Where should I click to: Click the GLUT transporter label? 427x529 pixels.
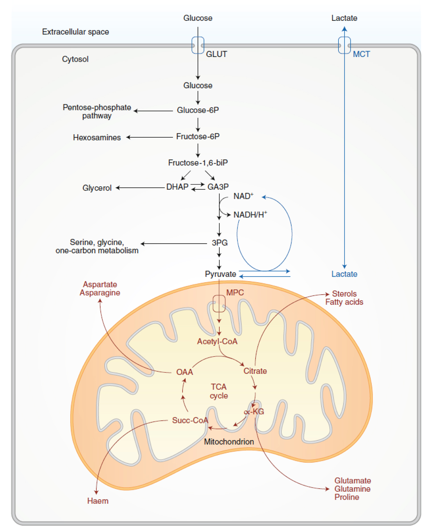(x=216, y=54)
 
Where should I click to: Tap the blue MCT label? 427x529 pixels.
(x=361, y=54)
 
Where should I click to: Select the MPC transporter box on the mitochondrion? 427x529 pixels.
(x=219, y=303)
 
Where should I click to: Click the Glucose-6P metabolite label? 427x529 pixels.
(x=198, y=110)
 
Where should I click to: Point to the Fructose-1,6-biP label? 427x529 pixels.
(x=198, y=163)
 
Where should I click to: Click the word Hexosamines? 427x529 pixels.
(x=97, y=138)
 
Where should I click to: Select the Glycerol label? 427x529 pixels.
(x=97, y=188)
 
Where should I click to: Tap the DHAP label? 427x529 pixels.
(x=177, y=187)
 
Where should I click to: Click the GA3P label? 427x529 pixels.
(x=218, y=187)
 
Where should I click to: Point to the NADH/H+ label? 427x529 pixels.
(x=250, y=215)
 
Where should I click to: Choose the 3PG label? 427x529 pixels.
(x=219, y=243)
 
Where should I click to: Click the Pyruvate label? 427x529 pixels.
(x=220, y=274)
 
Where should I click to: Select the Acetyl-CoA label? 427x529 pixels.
(x=217, y=341)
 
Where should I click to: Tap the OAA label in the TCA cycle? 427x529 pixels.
(x=184, y=372)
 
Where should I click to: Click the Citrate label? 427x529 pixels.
(x=255, y=371)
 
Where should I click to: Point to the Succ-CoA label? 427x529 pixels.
(x=190, y=421)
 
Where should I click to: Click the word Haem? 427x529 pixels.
(x=98, y=501)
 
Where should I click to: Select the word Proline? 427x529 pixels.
(x=347, y=497)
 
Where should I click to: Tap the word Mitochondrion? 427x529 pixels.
(x=229, y=442)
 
